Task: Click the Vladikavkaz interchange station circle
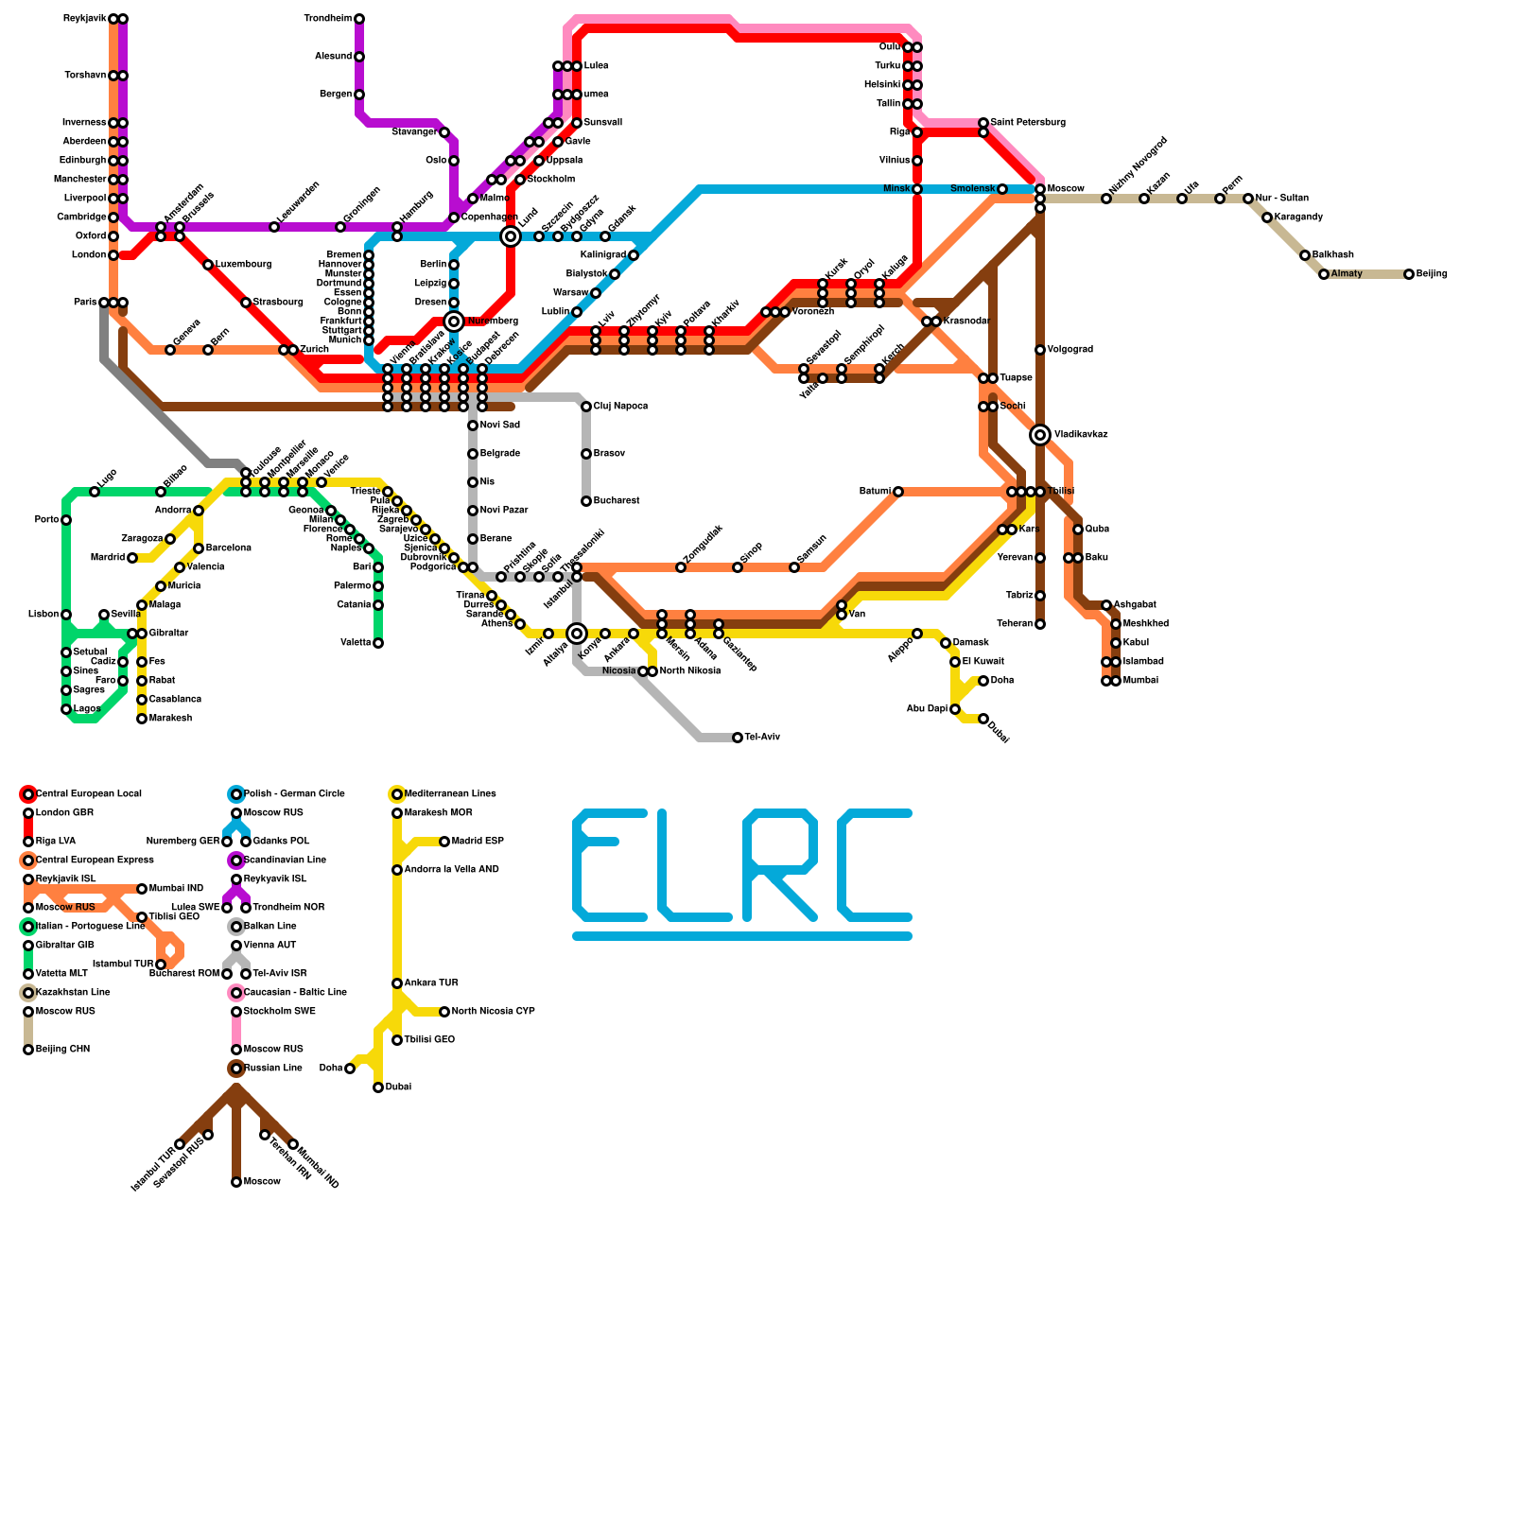[x=1040, y=435]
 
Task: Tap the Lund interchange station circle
[x=511, y=236]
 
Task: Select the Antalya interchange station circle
[x=577, y=634]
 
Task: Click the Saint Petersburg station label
[x=1028, y=123]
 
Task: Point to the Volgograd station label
[x=1070, y=350]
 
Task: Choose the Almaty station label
[x=1347, y=274]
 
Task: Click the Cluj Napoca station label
[x=620, y=407]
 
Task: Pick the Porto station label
[x=46, y=520]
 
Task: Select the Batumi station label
[x=874, y=492]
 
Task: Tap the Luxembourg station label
[x=243, y=265]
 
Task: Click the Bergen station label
[x=336, y=95]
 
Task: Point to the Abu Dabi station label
[x=927, y=709]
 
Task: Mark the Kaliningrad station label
[x=602, y=255]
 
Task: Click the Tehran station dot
[x=1040, y=624]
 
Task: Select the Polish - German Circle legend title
[x=294, y=794]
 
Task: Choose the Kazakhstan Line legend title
[x=73, y=993]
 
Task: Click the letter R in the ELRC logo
[x=780, y=865]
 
